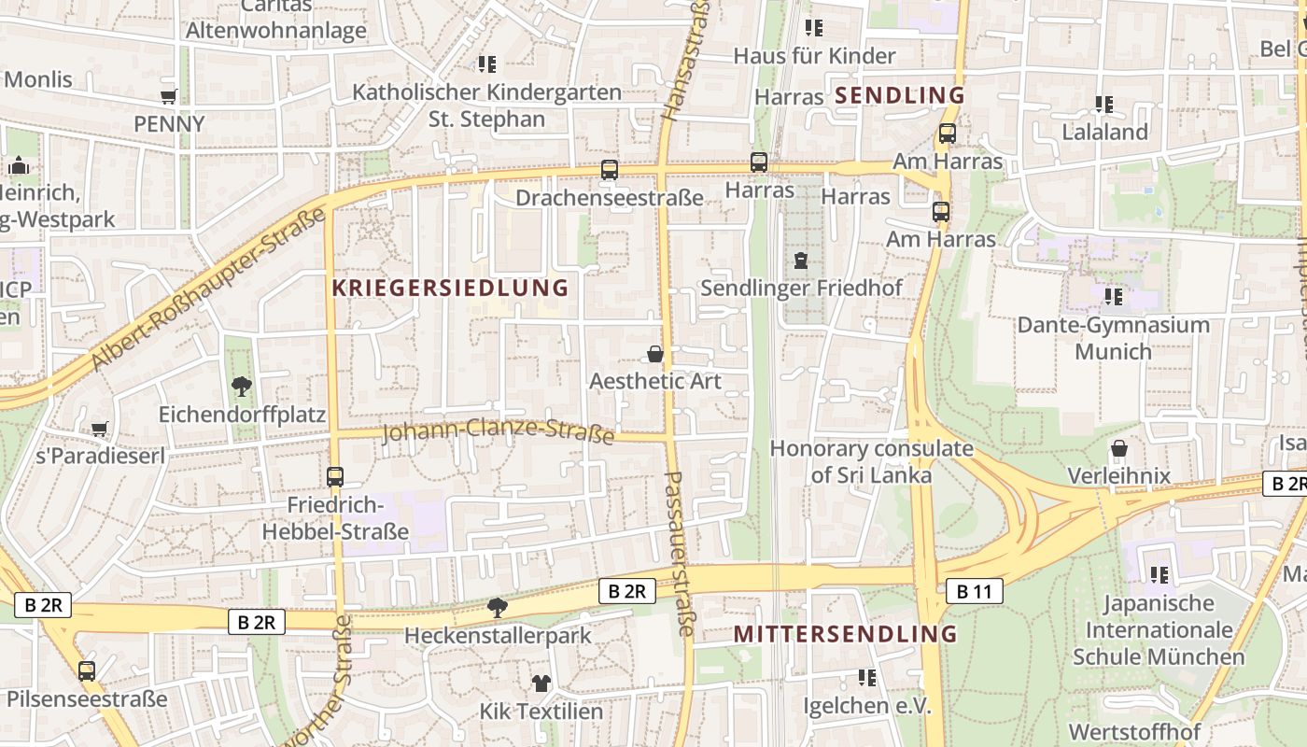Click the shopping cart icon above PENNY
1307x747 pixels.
pyautogui.click(x=169, y=97)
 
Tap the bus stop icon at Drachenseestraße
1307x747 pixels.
pyautogui.click(x=610, y=170)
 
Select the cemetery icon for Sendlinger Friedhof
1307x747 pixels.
pyautogui.click(x=801, y=261)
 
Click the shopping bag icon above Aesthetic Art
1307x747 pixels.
pyautogui.click(x=655, y=354)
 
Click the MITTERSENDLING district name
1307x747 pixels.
pyautogui.click(x=845, y=634)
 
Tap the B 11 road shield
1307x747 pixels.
pyautogui.click(x=974, y=591)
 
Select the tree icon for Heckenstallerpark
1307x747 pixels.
pyautogui.click(x=498, y=609)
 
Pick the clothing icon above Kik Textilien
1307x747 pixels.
pyautogui.click(x=541, y=684)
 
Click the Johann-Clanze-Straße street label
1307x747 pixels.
pyautogui.click(x=499, y=430)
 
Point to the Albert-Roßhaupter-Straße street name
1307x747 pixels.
pyautogui.click(x=209, y=288)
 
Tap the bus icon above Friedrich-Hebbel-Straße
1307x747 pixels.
pyautogui.click(x=335, y=477)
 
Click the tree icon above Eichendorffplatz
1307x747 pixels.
pyautogui.click(x=242, y=386)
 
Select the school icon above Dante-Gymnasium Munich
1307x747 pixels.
pyautogui.click(x=1113, y=297)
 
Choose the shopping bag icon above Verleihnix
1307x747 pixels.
pyautogui.click(x=1118, y=449)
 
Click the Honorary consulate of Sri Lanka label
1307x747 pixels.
pyautogui.click(x=871, y=461)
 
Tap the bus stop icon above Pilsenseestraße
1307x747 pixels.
pyautogui.click(x=87, y=670)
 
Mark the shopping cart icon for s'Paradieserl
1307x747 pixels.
pyautogui.click(x=100, y=430)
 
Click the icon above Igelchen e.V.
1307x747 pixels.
pyautogui.click(x=867, y=678)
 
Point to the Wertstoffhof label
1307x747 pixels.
pyautogui.click(x=1133, y=731)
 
